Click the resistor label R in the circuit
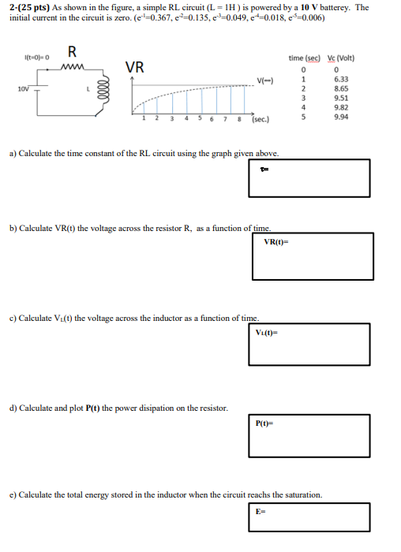click(x=72, y=53)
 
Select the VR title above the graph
click(x=135, y=67)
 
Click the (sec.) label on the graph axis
click(x=260, y=120)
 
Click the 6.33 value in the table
click(x=342, y=79)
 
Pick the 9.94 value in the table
click(x=342, y=117)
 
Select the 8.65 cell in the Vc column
click(x=342, y=88)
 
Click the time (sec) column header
click(x=305, y=58)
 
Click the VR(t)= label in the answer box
click(x=275, y=241)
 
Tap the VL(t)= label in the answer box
click(x=267, y=332)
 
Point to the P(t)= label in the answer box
click(x=264, y=423)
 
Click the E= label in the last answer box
click(x=260, y=512)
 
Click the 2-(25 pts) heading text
click(x=28, y=7)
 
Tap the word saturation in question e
click(x=300, y=494)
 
